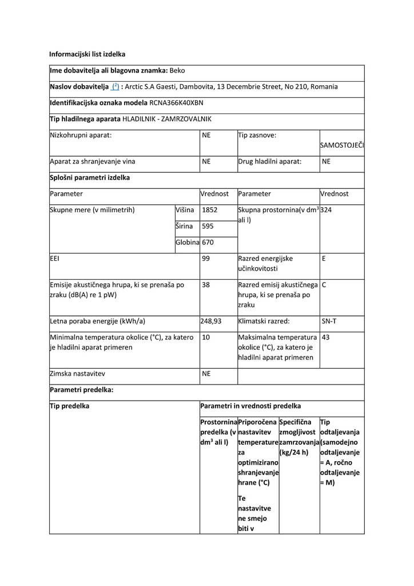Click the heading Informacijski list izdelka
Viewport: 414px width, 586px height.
tap(87, 54)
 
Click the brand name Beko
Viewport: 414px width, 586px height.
tap(178, 70)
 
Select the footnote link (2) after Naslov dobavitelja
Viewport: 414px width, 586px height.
tap(116, 87)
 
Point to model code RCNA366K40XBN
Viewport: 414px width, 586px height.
tap(177, 103)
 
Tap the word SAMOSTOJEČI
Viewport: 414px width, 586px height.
tap(341, 145)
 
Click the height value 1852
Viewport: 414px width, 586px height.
tap(210, 210)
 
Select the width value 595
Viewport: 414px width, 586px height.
tap(208, 226)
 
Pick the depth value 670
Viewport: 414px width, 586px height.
tap(208, 243)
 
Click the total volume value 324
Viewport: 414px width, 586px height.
tap(327, 210)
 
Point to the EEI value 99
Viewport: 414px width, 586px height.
tap(206, 259)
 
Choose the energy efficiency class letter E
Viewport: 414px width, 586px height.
tap(324, 259)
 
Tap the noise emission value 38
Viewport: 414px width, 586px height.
tap(206, 284)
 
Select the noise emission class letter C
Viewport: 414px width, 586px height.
tap(324, 284)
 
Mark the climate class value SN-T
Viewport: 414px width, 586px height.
tap(329, 321)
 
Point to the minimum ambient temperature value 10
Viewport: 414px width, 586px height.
tap(206, 337)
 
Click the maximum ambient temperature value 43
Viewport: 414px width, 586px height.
tap(326, 337)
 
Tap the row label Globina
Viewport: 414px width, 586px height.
tap(187, 243)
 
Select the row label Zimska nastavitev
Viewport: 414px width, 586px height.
tap(77, 374)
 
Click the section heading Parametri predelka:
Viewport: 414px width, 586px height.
tap(81, 390)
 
